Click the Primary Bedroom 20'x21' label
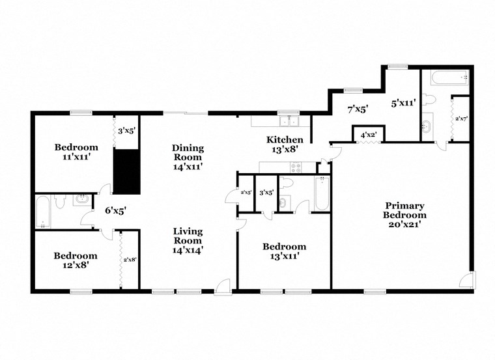coord(404,215)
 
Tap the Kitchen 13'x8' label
coord(285,145)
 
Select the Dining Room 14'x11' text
coord(188,157)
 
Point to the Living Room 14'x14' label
coord(188,240)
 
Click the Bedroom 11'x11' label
coord(76,151)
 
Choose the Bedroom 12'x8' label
coord(76,260)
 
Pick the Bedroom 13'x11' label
coord(284,251)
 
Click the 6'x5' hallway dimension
coord(115,210)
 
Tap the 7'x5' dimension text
coord(358,109)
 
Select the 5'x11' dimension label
coord(403,103)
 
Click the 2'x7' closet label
coord(461,118)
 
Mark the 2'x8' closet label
coord(130,260)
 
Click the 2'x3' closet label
coord(246,193)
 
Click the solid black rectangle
coord(127,171)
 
